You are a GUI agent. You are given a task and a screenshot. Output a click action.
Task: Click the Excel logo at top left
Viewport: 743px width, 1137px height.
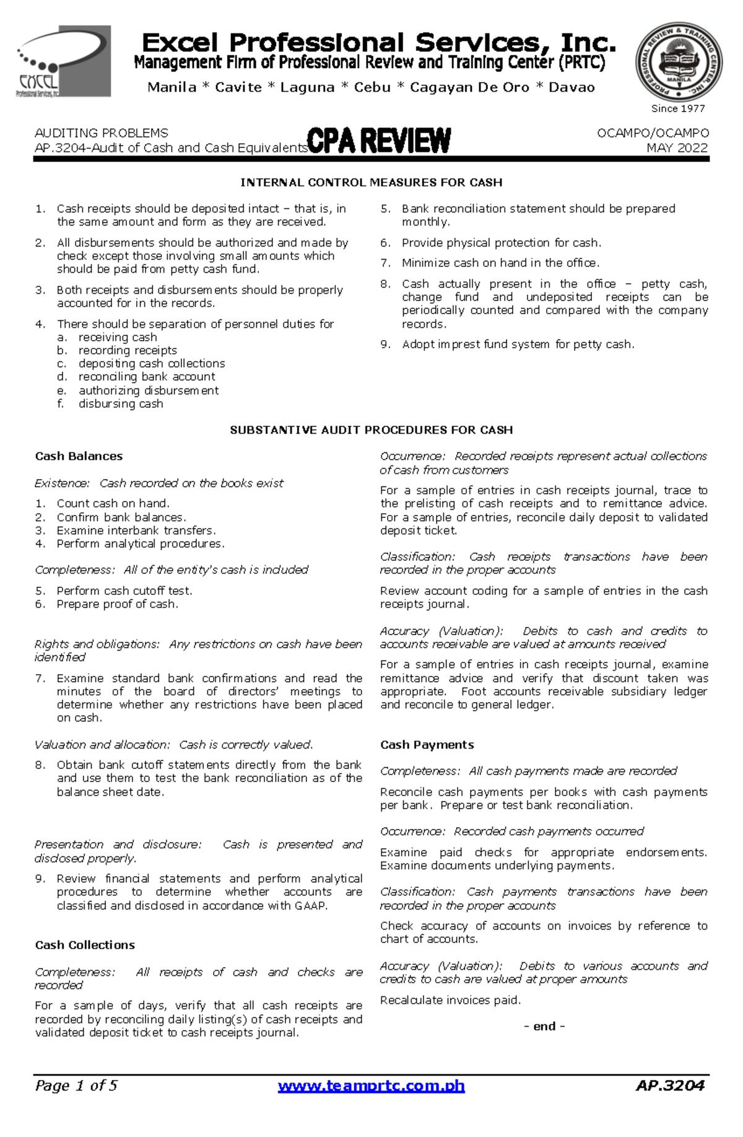(x=63, y=61)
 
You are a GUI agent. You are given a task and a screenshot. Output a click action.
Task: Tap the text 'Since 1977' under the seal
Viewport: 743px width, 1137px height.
(x=678, y=108)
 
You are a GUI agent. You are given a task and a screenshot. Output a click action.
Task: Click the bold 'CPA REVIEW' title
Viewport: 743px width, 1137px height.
(x=379, y=141)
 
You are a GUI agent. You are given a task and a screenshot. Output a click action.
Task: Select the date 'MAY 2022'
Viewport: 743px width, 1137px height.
(x=677, y=148)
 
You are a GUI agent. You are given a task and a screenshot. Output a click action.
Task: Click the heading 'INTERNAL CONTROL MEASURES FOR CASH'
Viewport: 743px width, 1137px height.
(x=371, y=183)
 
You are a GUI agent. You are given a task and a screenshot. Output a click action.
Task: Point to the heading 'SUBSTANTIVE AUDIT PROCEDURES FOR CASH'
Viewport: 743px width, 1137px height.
(x=371, y=430)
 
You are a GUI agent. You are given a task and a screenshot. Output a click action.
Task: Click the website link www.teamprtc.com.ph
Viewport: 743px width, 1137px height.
(x=371, y=1086)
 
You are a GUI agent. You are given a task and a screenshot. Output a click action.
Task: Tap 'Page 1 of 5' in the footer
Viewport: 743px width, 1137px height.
(x=76, y=1086)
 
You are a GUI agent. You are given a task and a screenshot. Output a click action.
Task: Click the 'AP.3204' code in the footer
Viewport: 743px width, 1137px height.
(x=670, y=1086)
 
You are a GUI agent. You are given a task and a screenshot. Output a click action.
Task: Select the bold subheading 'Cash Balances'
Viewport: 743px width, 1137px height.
(x=79, y=456)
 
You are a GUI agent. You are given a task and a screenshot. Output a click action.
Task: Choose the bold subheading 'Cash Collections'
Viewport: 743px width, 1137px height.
(x=85, y=945)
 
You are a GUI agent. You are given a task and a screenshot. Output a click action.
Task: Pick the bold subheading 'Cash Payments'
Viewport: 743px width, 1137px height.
(x=427, y=745)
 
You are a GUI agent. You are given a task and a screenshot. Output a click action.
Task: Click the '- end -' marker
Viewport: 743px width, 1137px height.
(x=544, y=1026)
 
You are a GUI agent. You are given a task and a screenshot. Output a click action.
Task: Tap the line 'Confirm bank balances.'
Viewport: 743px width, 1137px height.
(x=121, y=517)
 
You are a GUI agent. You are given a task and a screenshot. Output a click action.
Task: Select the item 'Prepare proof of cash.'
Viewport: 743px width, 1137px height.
(x=117, y=604)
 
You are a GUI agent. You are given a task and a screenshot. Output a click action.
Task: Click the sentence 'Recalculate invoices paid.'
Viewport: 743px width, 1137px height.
(x=450, y=1000)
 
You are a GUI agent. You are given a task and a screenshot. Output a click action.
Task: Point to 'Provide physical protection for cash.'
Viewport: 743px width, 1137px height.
(x=501, y=243)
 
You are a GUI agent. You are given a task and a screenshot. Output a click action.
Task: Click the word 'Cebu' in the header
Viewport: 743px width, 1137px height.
(x=372, y=87)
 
